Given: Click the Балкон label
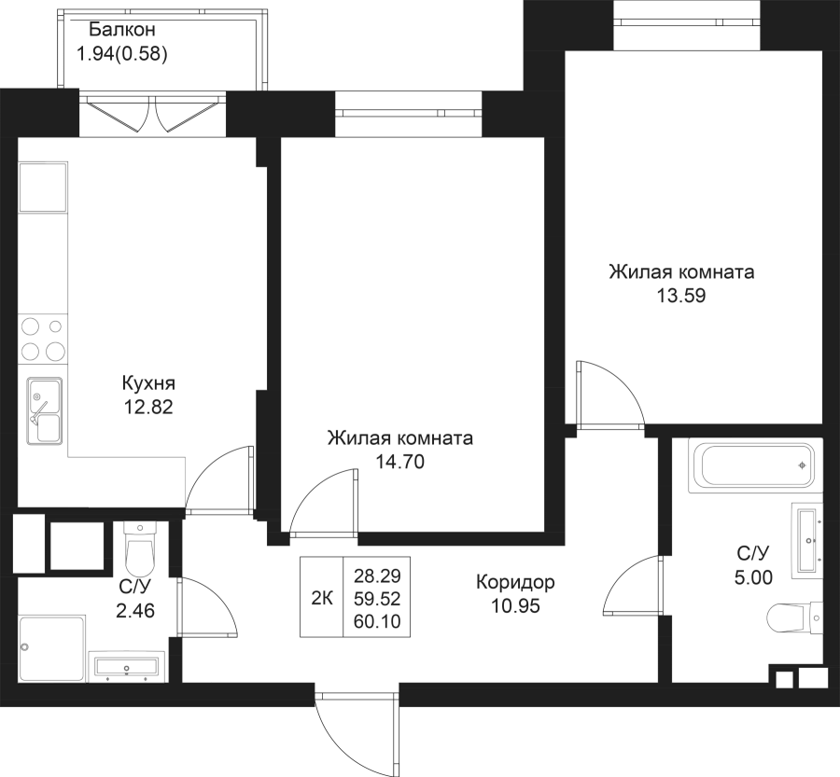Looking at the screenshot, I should point(117,31).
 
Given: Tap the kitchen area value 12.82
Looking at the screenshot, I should point(147,406).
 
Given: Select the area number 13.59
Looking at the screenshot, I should point(680,298).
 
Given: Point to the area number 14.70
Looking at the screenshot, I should point(399,461).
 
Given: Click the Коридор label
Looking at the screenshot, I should point(515,583).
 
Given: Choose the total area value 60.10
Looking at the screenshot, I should point(377,620).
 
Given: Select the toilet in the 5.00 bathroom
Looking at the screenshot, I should point(793,617).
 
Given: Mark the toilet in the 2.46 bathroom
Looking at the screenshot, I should point(140,549).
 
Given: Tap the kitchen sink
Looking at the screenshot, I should point(44,411).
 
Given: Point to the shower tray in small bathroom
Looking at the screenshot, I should point(51,645).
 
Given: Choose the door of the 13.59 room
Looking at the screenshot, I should point(607,392).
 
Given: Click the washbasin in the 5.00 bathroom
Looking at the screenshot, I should point(806,541).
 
